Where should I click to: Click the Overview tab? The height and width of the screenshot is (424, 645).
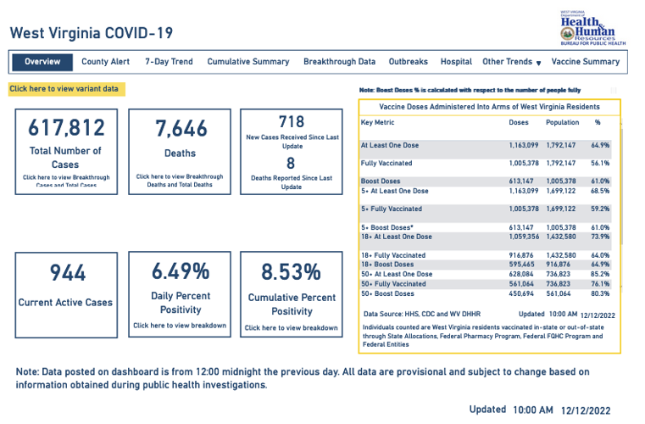pos(42,62)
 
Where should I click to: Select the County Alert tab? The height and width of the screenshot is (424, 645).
pos(105,62)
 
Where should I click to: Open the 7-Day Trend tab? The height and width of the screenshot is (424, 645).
pos(169,62)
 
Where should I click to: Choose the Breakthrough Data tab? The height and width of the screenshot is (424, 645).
pos(339,62)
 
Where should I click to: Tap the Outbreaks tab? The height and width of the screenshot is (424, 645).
pos(409,62)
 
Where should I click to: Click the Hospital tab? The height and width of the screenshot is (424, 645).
pos(456,62)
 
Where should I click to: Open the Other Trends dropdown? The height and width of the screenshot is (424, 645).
pos(512,62)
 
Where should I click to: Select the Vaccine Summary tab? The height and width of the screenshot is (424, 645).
pos(585,62)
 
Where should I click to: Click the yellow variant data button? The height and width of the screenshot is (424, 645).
pos(66,89)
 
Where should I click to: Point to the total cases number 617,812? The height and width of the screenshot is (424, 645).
pos(66,128)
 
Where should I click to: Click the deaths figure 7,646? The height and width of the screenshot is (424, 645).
pos(179,128)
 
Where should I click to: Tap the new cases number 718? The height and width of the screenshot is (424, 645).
pos(291,121)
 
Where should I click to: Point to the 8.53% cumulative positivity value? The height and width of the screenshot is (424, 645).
pos(291,272)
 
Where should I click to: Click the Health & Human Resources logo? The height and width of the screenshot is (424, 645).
pos(592,27)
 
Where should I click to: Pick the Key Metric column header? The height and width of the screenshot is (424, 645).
pos(379,122)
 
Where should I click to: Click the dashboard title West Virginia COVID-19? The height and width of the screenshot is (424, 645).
pos(91,33)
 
